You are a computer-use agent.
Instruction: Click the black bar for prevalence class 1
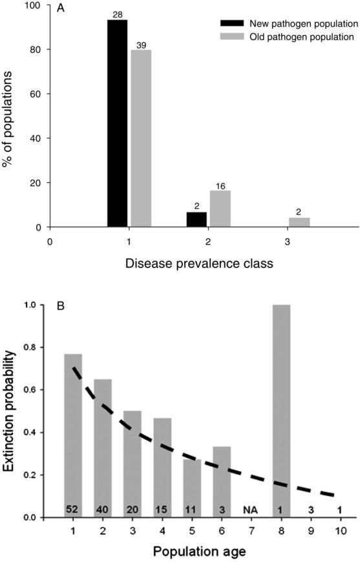[x=117, y=123]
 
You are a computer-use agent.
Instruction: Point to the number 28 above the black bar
[x=117, y=14]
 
